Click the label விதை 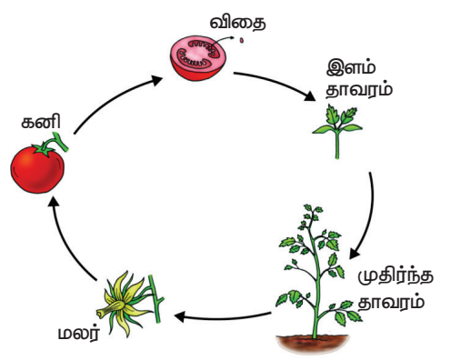point(237,23)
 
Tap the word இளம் point(351,67)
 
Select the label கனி point(41,121)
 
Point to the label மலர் point(79,333)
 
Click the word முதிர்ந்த point(396,277)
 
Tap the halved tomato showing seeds point(198,58)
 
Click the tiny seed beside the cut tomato point(242,40)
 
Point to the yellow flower point(125,304)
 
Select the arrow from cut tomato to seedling point(276,82)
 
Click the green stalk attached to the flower point(155,299)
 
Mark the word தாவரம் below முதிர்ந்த point(391,302)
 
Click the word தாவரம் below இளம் point(359,89)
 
